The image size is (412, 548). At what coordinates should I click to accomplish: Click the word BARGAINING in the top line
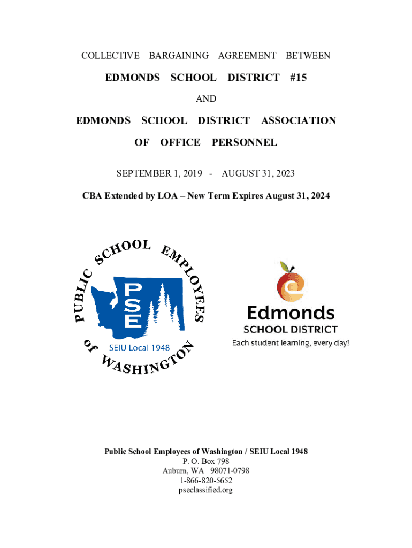coord(179,56)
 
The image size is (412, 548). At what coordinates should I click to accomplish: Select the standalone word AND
coord(206,99)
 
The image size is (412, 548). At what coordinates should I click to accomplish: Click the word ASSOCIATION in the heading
coord(299,121)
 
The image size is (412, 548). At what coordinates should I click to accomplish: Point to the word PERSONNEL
coord(245,142)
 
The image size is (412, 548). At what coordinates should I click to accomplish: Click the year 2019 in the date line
coord(192,174)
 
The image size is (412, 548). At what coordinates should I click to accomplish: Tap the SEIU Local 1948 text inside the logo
coord(140,347)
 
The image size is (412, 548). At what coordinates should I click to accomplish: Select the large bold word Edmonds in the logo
coord(291,313)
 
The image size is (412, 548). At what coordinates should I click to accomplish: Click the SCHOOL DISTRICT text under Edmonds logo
coord(291,329)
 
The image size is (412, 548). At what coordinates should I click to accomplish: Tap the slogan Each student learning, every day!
coord(291,342)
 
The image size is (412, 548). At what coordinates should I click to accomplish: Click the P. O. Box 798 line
coord(206,461)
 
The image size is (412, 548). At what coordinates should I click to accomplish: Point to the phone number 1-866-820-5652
coord(206,481)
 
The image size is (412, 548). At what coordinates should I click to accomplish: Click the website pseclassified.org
coord(206,490)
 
